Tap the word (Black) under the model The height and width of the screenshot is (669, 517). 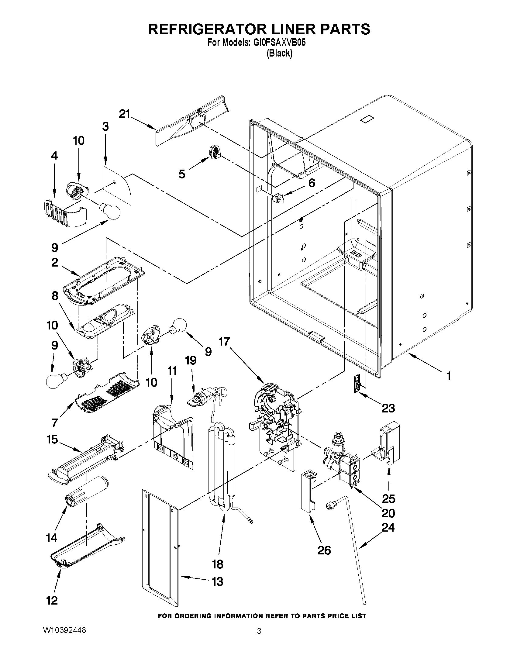(x=279, y=53)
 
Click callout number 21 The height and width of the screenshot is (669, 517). (x=124, y=114)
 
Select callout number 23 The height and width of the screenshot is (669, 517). (x=388, y=408)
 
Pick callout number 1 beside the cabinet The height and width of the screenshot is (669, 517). (x=448, y=376)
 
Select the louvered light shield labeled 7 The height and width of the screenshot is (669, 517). (x=107, y=394)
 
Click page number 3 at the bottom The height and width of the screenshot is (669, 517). (x=259, y=631)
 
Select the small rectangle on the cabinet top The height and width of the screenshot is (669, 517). (x=367, y=119)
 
